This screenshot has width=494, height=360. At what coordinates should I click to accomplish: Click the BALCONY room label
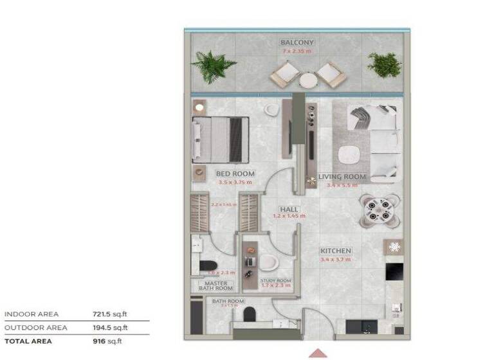point(297,43)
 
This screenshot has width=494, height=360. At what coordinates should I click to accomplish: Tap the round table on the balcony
point(308,81)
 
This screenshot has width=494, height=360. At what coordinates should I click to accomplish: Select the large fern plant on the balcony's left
point(214,66)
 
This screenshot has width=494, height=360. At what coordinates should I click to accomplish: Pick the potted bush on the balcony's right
point(384,64)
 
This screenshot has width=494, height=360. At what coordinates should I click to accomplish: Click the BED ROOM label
point(235,174)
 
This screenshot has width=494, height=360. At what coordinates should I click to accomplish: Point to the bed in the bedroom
point(218,139)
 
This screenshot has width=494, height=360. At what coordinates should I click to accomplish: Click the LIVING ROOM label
point(342,177)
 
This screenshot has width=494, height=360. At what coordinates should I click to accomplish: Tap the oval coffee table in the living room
point(351,155)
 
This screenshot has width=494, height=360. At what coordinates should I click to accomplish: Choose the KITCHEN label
point(336,251)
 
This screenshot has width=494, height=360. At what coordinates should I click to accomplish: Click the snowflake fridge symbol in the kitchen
point(394,247)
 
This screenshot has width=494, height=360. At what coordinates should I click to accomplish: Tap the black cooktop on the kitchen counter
point(394,271)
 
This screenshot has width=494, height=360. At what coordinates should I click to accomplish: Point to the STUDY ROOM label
point(275,281)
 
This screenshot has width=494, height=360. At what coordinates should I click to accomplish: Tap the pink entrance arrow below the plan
point(318,353)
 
